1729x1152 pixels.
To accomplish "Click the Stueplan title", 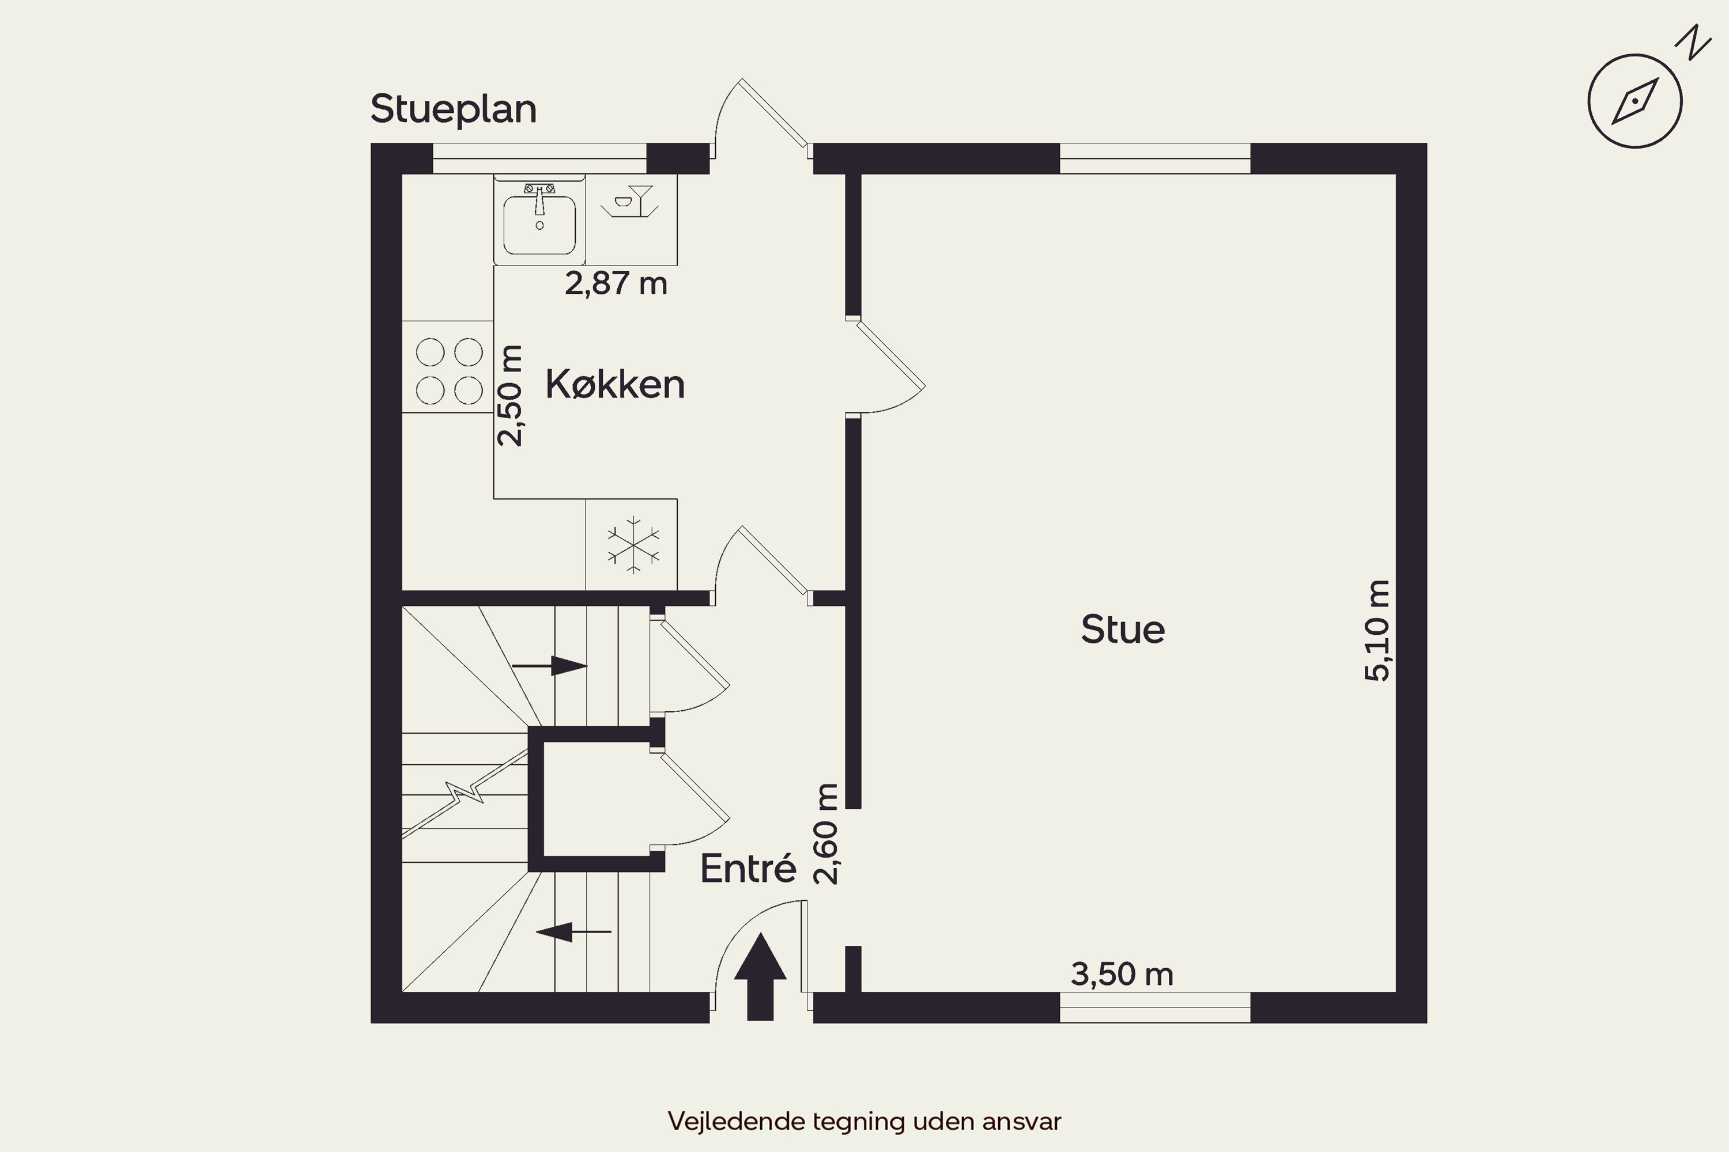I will [454, 109].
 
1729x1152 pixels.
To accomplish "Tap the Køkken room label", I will [614, 384].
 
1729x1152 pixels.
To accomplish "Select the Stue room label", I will [1123, 630].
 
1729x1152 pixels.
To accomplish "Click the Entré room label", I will [748, 869].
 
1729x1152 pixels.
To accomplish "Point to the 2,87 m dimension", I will [616, 283].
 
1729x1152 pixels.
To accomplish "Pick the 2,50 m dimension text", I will [509, 395].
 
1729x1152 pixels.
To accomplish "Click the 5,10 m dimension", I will [1377, 630].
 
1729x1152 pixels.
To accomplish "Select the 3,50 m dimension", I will [1122, 974].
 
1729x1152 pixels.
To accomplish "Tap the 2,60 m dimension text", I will [826, 834].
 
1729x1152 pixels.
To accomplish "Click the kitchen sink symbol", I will [539, 219].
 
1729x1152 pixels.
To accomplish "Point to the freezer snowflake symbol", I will [632, 545].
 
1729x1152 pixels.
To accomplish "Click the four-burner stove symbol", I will [448, 371].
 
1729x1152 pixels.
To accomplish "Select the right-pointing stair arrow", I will [550, 666].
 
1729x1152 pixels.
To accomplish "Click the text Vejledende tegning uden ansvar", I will [864, 1121].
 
